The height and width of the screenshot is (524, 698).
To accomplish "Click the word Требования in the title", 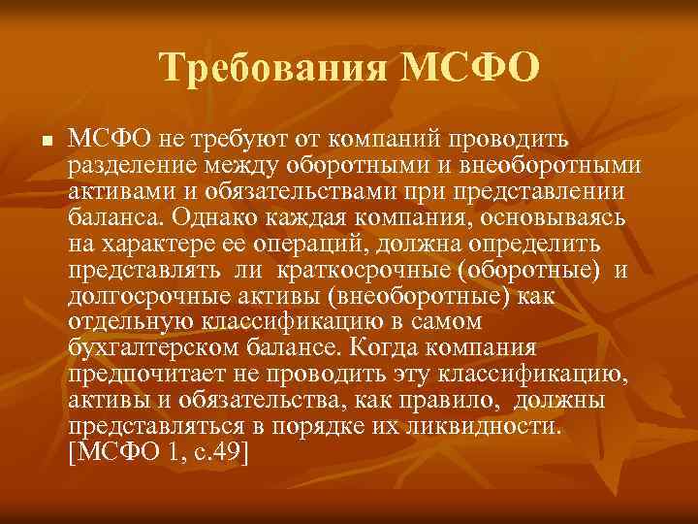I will point(273,68).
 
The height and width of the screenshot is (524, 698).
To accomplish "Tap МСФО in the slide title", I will point(468,68).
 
